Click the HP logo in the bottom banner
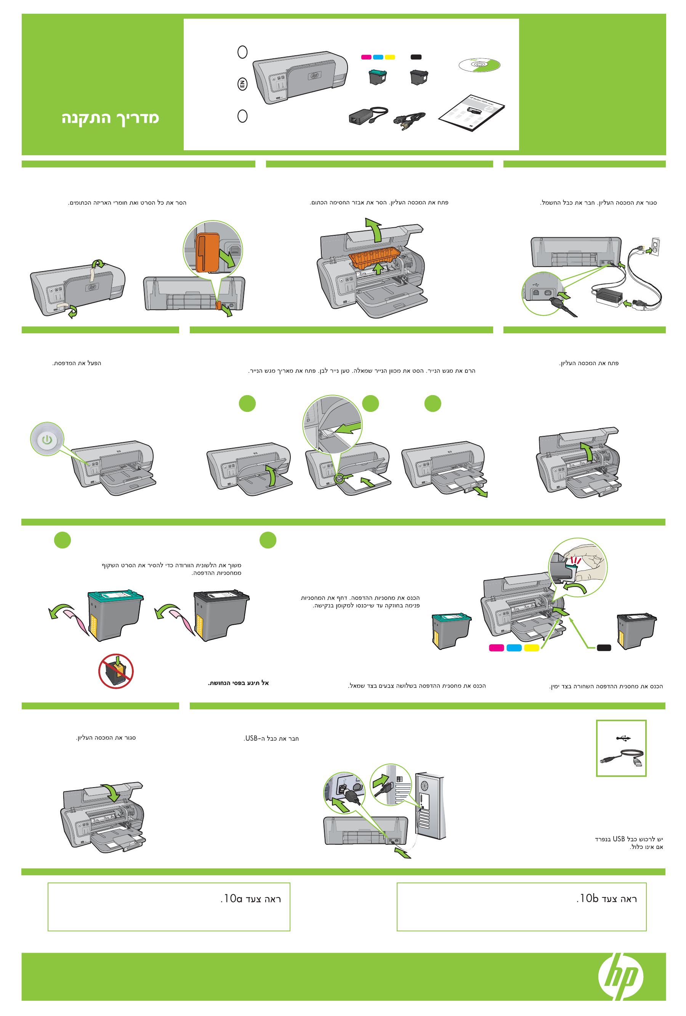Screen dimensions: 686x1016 [x=620, y=976]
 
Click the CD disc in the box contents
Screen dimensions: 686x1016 [x=479, y=65]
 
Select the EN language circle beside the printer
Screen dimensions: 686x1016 [x=242, y=84]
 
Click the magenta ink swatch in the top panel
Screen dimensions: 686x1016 [x=366, y=57]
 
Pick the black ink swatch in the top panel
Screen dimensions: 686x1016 [x=416, y=57]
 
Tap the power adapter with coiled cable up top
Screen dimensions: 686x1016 [x=368, y=116]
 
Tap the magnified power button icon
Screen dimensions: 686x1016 [x=47, y=439]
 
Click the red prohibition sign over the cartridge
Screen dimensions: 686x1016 [x=116, y=671]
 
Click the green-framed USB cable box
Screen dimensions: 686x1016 [x=621, y=748]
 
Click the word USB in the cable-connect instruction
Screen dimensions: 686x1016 [x=251, y=738]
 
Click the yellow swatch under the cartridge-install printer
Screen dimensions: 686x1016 [x=531, y=648]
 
